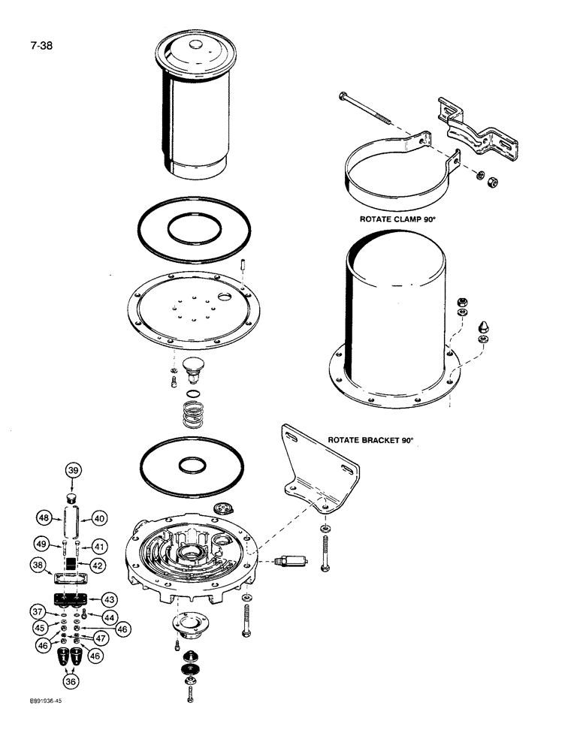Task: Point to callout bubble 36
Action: coord(72,681)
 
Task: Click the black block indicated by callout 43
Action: coord(72,599)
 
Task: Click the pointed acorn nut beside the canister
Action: coord(484,328)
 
